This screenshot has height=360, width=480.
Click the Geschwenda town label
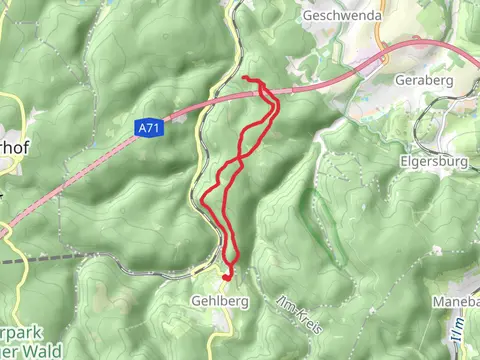[x=339, y=16]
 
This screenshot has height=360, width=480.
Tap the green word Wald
[x=45, y=350]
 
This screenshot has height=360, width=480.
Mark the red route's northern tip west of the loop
[x=246, y=79]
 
